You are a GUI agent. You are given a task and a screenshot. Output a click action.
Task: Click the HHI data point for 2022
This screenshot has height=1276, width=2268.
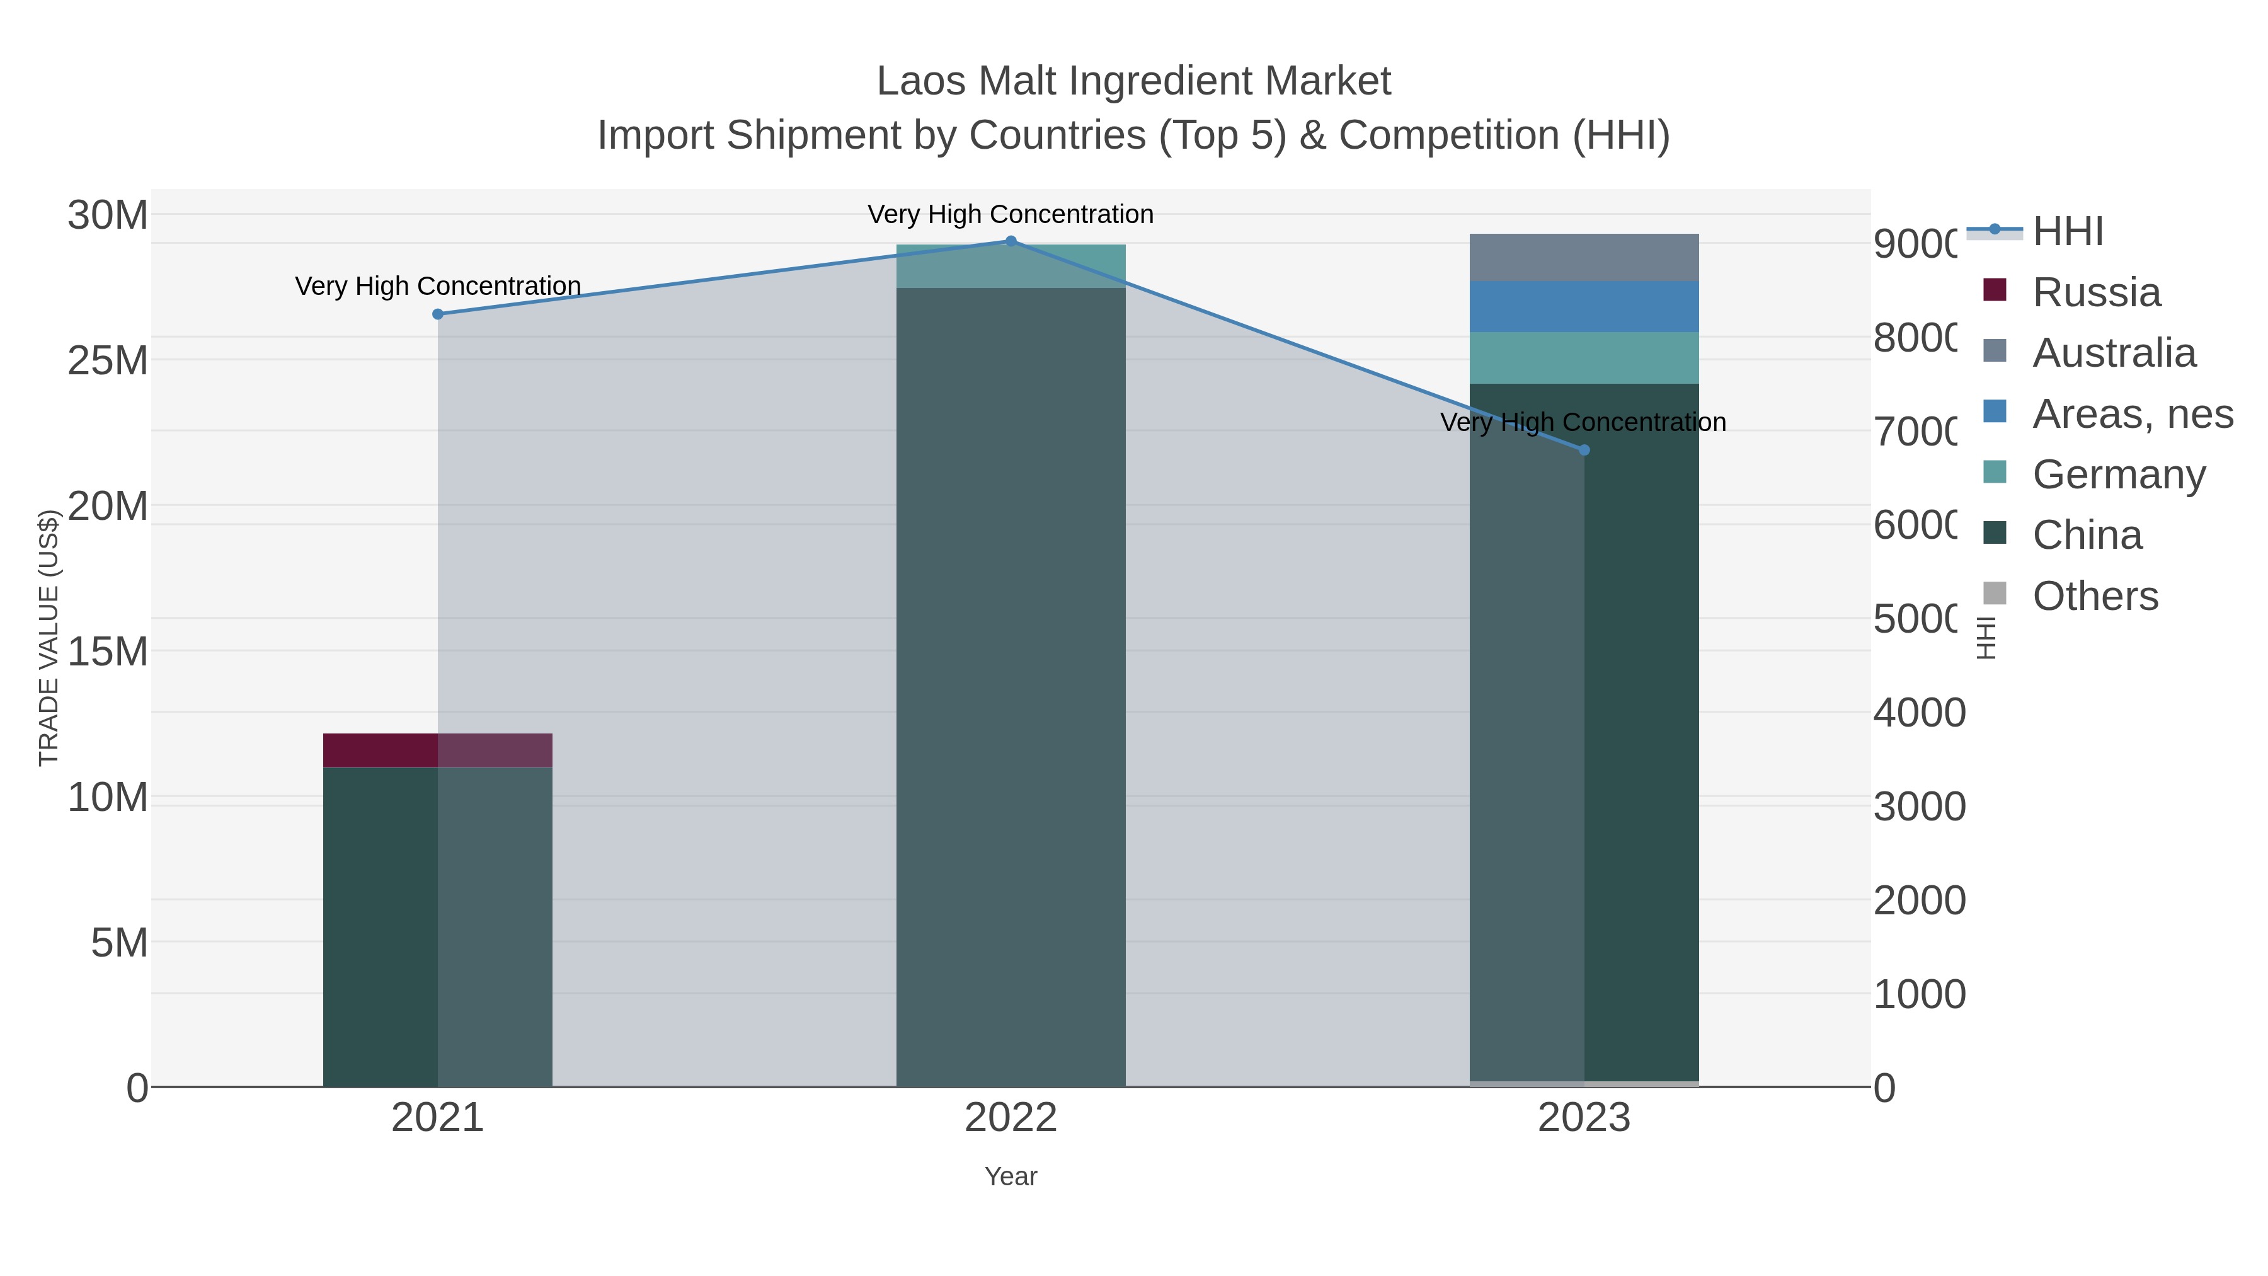1011,241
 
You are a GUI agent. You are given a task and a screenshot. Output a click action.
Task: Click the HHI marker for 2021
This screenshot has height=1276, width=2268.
438,314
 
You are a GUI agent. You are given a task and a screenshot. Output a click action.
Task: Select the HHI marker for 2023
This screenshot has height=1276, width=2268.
1584,450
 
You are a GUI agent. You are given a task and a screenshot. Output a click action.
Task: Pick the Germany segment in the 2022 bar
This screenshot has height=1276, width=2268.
1011,266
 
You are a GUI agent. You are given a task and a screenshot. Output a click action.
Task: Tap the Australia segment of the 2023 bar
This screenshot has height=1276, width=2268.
1584,257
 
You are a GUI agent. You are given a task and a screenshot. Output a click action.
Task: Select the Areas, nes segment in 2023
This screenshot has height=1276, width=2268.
1584,306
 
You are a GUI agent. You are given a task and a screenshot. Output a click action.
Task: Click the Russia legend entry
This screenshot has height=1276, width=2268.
2095,292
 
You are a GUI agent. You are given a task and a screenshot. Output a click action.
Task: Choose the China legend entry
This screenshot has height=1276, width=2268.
2086,536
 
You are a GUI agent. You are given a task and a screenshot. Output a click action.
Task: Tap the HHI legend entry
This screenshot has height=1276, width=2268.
2066,232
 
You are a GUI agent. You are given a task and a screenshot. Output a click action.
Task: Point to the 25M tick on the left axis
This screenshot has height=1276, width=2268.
107,360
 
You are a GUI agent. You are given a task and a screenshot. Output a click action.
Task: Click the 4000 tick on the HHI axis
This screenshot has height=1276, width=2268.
1918,713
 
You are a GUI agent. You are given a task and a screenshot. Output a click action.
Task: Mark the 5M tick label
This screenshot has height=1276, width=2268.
119,943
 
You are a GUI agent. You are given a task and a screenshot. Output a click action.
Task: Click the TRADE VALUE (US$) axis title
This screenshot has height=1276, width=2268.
49,638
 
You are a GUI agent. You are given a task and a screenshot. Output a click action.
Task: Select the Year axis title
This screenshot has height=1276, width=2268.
1011,1176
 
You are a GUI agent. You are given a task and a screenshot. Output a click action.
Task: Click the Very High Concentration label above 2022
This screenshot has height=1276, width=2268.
1011,214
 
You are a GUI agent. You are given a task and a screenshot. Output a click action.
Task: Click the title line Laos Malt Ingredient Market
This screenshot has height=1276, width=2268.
1133,81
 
